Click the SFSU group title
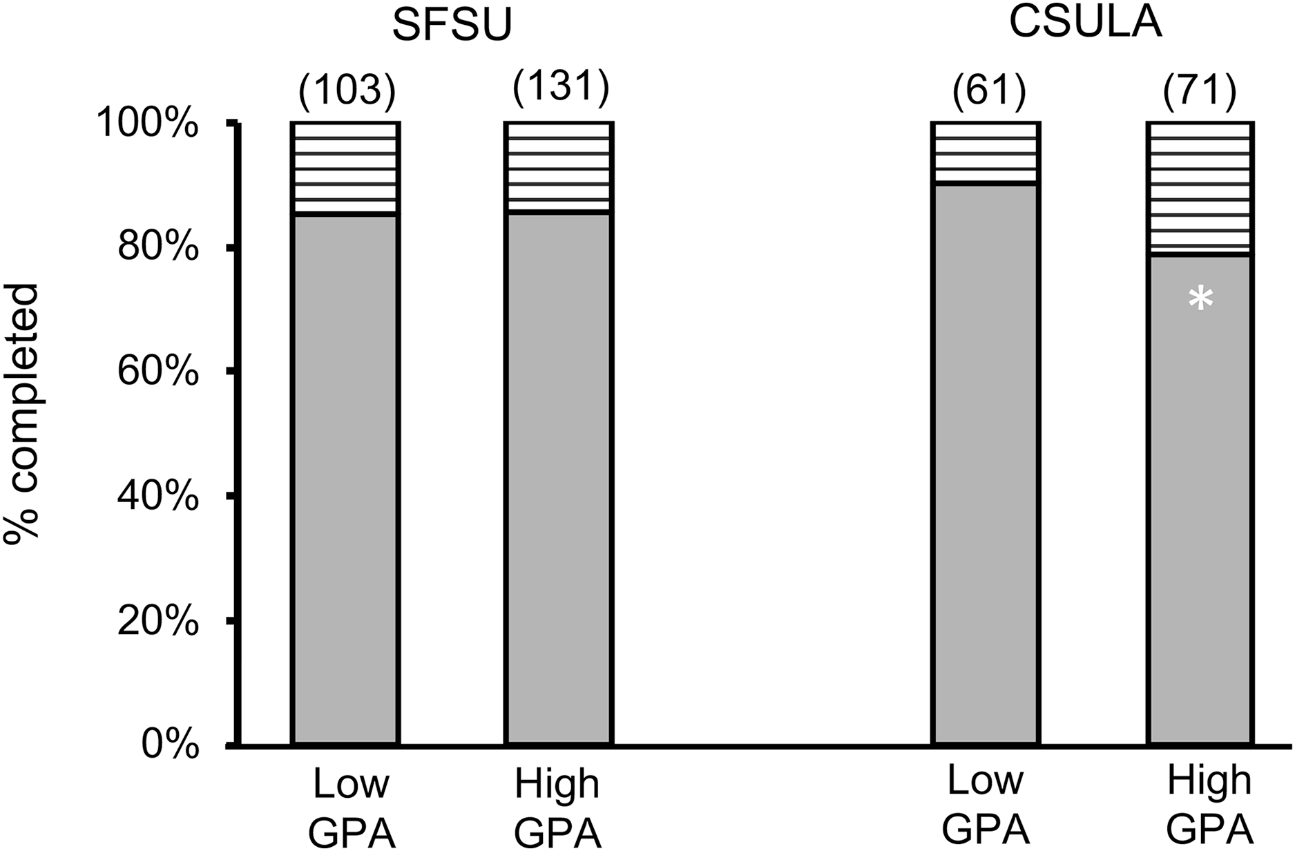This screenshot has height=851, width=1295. coord(452,26)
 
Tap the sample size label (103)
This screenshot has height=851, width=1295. coord(347,90)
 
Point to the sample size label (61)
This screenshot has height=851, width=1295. coord(988,90)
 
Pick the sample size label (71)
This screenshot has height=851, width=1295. coord(1200,90)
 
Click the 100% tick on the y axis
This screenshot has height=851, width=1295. coord(147,125)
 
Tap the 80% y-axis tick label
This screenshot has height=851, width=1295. coord(158,248)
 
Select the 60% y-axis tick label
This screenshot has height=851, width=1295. coord(158,372)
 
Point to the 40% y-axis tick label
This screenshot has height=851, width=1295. coord(158,497)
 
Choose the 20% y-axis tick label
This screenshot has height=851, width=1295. coord(158,621)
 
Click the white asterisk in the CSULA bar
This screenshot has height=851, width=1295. coord(1200,300)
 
